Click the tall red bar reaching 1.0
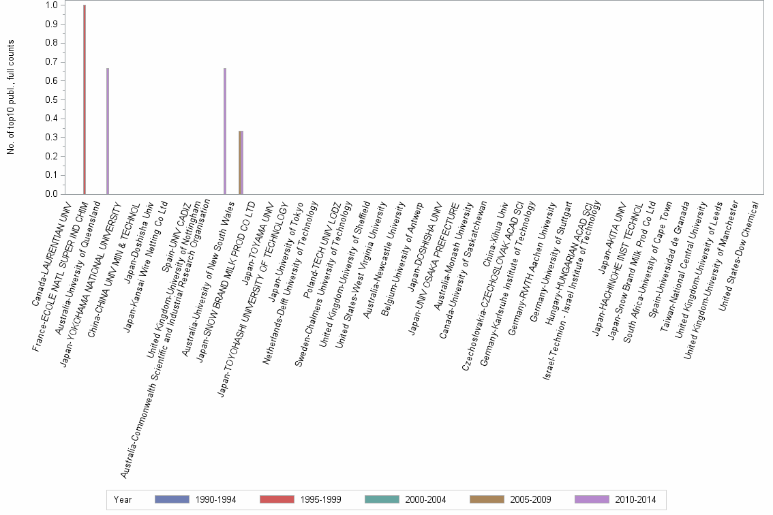click(85, 99)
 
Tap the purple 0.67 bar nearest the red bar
click(108, 131)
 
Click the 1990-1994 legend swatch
click(172, 499)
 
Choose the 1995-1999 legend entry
click(301, 499)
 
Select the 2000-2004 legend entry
click(406, 499)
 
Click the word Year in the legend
click(123, 499)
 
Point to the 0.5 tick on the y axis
click(51, 99)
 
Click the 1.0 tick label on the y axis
click(51, 5)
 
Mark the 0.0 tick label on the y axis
click(51, 194)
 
